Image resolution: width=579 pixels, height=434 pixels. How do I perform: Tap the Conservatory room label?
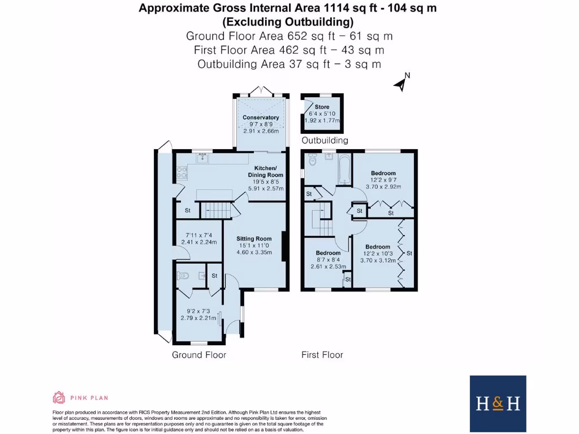click(x=261, y=118)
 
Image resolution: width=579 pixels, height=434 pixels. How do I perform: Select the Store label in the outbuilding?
click(x=322, y=107)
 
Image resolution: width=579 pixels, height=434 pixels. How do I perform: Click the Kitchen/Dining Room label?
click(x=265, y=172)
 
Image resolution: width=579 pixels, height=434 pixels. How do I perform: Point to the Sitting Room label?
click(x=254, y=238)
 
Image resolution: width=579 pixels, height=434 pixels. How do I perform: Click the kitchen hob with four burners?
click(x=182, y=172)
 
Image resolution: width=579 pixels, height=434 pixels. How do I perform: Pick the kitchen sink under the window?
click(x=203, y=159)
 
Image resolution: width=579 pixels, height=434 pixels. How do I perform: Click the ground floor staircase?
click(x=218, y=211)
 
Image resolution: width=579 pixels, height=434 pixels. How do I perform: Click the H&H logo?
click(x=498, y=403)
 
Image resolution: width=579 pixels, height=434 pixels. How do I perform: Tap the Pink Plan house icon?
click(x=59, y=397)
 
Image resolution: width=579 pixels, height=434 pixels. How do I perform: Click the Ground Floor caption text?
click(x=199, y=355)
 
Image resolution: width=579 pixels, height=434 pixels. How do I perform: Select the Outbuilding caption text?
click(x=325, y=140)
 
